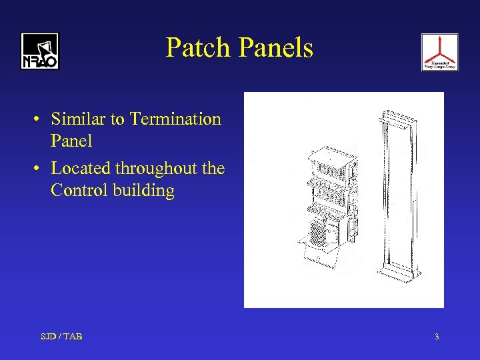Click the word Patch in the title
[198, 48]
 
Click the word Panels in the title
[275, 48]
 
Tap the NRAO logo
[39, 51]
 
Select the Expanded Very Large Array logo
[439, 52]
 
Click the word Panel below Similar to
[71, 141]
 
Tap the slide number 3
[437, 337]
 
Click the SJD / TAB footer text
[61, 337]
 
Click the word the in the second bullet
[213, 168]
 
